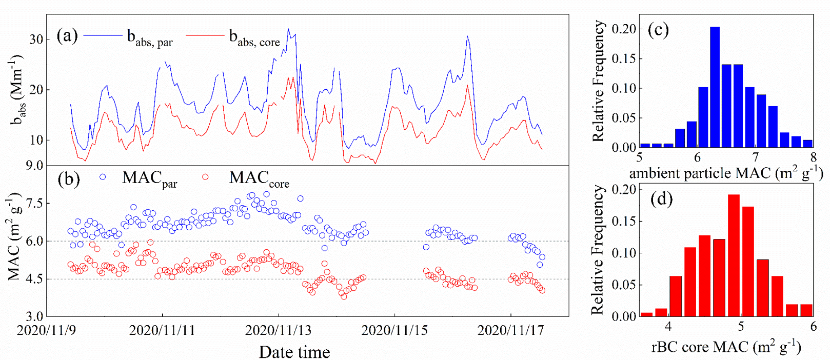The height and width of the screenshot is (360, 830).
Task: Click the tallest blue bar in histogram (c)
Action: (715, 87)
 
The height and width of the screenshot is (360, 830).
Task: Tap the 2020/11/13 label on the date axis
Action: (278, 330)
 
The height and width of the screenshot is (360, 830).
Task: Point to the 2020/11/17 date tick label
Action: (510, 330)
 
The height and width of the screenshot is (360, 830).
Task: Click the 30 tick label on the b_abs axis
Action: (36, 39)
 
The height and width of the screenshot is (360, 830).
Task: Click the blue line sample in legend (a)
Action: (102, 35)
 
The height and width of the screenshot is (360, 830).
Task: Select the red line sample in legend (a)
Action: (205, 35)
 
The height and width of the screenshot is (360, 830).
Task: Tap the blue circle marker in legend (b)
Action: (103, 177)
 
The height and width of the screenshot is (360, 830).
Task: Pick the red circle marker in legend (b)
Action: (205, 177)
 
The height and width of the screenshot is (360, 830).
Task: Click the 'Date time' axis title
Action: (294, 352)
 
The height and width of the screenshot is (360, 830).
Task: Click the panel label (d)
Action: (661, 198)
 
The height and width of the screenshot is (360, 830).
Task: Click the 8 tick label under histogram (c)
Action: (813, 156)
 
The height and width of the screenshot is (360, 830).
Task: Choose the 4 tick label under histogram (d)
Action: (668, 326)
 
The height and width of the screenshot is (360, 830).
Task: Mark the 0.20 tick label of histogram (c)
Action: (624, 29)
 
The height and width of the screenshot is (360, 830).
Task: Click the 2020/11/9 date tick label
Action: (46, 330)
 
